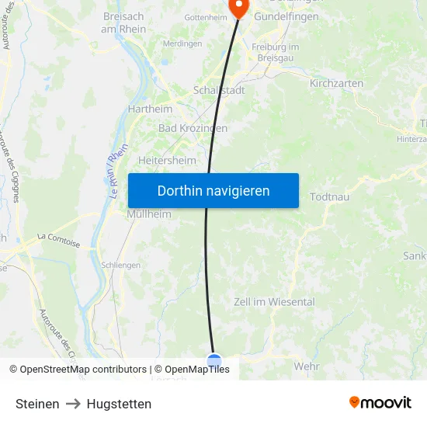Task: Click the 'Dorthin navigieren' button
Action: pyautogui.click(x=213, y=190)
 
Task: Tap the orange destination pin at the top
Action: pyautogui.click(x=238, y=7)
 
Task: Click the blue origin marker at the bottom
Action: pyautogui.click(x=214, y=360)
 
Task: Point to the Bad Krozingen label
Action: pyautogui.click(x=193, y=128)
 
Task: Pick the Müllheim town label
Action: pyautogui.click(x=149, y=214)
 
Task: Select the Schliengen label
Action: pyautogui.click(x=120, y=265)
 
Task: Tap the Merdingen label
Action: pyautogui.click(x=183, y=43)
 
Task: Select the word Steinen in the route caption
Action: pyautogui.click(x=37, y=404)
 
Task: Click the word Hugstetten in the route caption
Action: pyautogui.click(x=119, y=404)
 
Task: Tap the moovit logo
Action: pyautogui.click(x=380, y=402)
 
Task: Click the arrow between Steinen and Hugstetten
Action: pyautogui.click(x=73, y=404)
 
